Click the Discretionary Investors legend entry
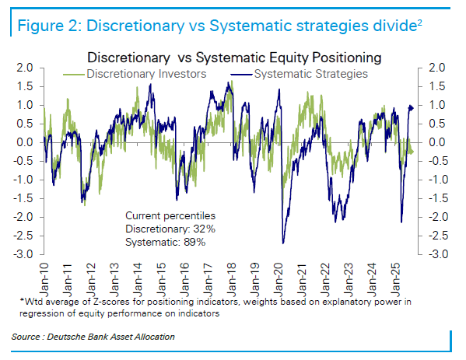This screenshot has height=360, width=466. pyautogui.click(x=135, y=74)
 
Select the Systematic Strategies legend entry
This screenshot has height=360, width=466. pyautogui.click(x=300, y=74)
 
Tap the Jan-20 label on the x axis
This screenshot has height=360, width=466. pyautogui.click(x=279, y=280)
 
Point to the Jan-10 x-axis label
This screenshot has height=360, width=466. pyautogui.click(x=44, y=280)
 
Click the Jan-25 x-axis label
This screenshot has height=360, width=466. pyautogui.click(x=397, y=280)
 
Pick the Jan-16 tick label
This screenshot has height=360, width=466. pyautogui.click(x=185, y=280)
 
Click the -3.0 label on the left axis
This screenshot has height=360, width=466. pyautogui.click(x=23, y=254)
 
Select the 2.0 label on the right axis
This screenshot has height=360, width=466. pyautogui.click(x=436, y=68)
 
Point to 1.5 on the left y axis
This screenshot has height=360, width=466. pyautogui.click(x=25, y=87)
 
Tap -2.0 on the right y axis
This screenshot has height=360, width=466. pyautogui.click(x=438, y=217)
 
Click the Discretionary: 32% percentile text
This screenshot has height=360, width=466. pyautogui.click(x=170, y=229)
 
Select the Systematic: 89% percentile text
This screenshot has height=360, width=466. pyautogui.click(x=166, y=243)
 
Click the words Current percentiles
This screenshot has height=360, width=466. pyautogui.click(x=170, y=215)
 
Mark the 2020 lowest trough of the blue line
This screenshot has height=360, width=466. pyautogui.click(x=283, y=243)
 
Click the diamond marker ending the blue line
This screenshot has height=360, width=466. pyautogui.click(x=411, y=108)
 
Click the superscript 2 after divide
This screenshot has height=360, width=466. pyautogui.click(x=419, y=22)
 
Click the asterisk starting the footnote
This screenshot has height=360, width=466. pyautogui.click(x=22, y=301)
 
